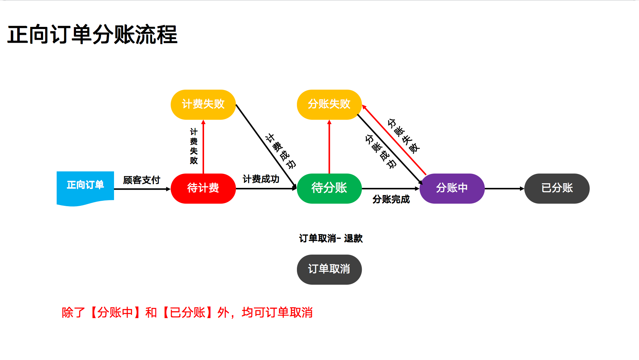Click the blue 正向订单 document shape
[85, 186]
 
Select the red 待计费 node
[203, 188]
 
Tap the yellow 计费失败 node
[203, 104]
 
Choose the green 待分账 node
[329, 188]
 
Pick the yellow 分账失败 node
[329, 104]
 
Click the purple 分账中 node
[452, 188]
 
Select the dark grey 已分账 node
[557, 188]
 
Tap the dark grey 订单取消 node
[329, 269]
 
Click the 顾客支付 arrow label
[142, 180]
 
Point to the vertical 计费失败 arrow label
[194, 146]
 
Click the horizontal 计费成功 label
[261, 179]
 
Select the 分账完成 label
[391, 199]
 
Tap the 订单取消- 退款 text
[331, 238]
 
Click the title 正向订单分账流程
[92, 35]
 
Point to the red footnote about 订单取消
[187, 313]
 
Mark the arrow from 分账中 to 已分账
[504, 189]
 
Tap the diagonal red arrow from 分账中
[394, 141]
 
